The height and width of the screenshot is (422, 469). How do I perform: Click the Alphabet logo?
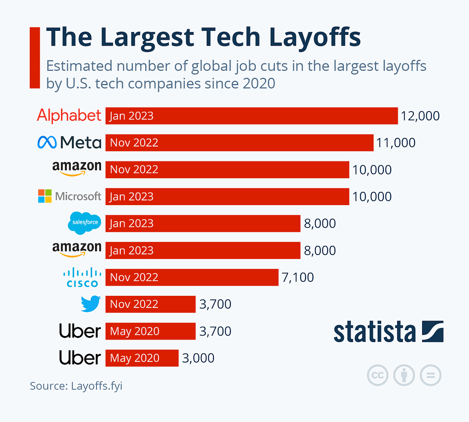click(69, 116)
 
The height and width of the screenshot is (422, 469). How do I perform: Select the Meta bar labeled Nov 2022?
click(239, 143)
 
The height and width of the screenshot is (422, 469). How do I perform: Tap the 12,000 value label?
click(420, 116)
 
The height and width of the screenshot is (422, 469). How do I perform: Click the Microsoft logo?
click(70, 196)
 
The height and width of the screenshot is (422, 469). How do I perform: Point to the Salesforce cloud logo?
click(84, 223)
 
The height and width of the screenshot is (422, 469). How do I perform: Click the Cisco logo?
click(82, 277)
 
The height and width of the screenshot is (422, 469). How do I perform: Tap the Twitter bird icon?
click(91, 304)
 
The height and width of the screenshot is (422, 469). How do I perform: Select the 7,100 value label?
click(298, 277)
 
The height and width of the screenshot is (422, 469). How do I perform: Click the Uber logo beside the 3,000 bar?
click(80, 358)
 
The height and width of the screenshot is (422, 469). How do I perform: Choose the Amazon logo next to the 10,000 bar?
click(77, 168)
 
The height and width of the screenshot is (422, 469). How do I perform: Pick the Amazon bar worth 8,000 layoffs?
click(203, 250)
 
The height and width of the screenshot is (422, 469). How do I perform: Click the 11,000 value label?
click(396, 143)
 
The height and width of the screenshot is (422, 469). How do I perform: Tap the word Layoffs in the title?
click(315, 37)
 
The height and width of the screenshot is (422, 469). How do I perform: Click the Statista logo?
click(388, 332)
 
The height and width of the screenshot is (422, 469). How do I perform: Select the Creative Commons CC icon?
click(378, 376)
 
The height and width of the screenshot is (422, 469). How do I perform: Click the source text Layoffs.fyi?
click(97, 386)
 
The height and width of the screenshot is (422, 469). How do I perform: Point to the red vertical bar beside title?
click(35, 57)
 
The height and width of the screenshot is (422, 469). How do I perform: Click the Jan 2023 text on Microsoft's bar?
click(131, 197)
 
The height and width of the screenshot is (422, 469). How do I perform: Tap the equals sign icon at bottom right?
click(430, 376)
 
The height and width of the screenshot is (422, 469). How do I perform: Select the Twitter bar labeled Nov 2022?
click(150, 304)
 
